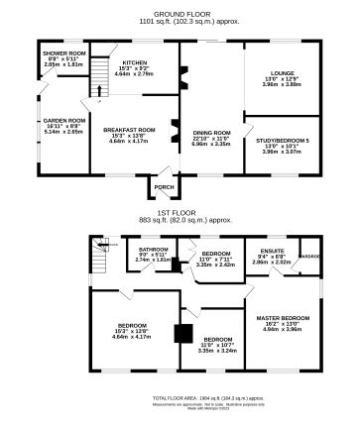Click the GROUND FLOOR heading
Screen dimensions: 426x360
tap(179, 7)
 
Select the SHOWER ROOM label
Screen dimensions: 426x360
tap(56, 53)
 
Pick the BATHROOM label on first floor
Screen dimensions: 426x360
tap(154, 250)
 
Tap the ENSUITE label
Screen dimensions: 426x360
tap(271, 252)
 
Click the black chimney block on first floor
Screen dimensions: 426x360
tap(181, 334)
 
